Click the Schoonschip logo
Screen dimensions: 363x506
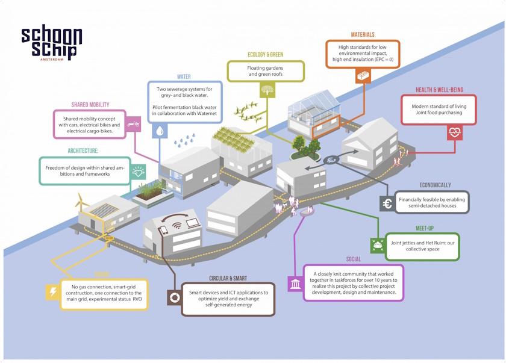point(51,43)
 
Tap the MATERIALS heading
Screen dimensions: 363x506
point(363,35)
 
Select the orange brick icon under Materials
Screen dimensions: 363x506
point(363,76)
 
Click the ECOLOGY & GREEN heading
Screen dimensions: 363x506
point(265,55)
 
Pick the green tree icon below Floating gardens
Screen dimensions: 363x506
point(267,90)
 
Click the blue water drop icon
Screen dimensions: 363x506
point(160,130)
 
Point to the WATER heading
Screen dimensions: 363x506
point(184,77)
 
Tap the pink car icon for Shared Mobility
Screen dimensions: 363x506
point(134,126)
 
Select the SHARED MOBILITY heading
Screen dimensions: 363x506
point(90,105)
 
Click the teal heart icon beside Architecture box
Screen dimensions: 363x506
point(139,172)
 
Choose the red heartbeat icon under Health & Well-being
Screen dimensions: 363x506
point(454,132)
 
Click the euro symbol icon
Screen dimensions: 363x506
point(387,204)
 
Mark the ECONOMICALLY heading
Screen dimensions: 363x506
point(435,185)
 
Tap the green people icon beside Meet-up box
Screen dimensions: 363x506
point(378,244)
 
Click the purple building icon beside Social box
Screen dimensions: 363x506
point(295,284)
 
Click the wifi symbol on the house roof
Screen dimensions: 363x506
point(176,226)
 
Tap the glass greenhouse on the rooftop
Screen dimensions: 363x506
point(316,107)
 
